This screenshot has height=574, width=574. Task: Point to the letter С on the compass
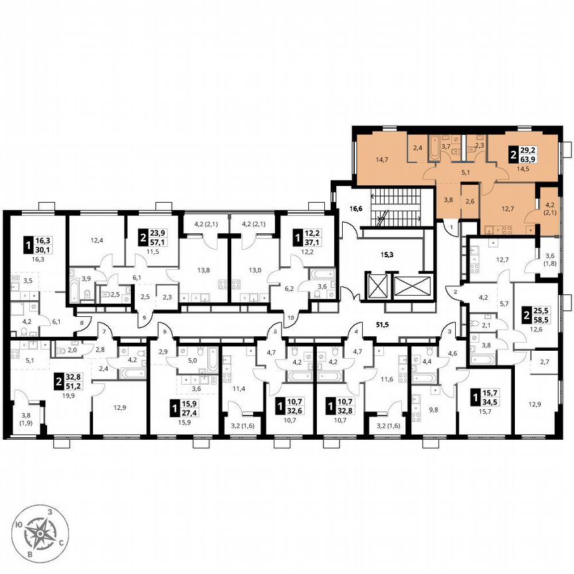(62, 543)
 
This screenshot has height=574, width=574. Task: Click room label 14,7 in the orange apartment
(381, 159)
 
